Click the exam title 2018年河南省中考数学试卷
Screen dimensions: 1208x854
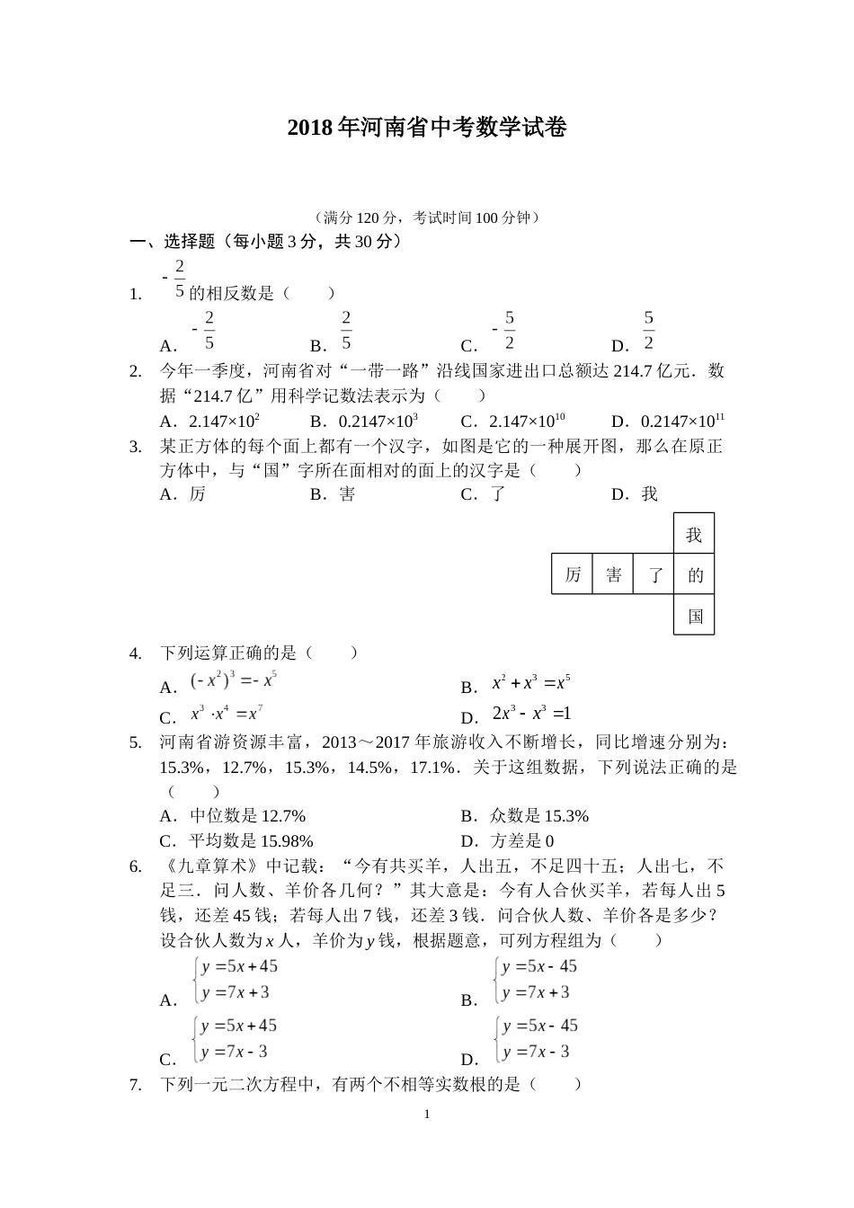[x=427, y=128]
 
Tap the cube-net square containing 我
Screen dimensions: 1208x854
[x=694, y=534]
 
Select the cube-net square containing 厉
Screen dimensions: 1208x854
[x=573, y=574]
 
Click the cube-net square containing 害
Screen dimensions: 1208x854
[x=613, y=574]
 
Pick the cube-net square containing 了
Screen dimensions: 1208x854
[x=654, y=574]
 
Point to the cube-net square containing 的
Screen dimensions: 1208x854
[x=694, y=574]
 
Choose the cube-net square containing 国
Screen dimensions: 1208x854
[x=694, y=616]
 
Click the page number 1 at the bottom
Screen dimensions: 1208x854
[x=427, y=1115]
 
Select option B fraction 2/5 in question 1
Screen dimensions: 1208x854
[x=345, y=332]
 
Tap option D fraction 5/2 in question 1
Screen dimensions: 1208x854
[x=648, y=332]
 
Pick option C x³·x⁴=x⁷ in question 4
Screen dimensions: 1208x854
[x=226, y=715]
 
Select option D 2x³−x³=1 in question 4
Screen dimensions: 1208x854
[x=531, y=715]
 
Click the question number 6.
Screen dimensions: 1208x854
[x=136, y=866]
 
